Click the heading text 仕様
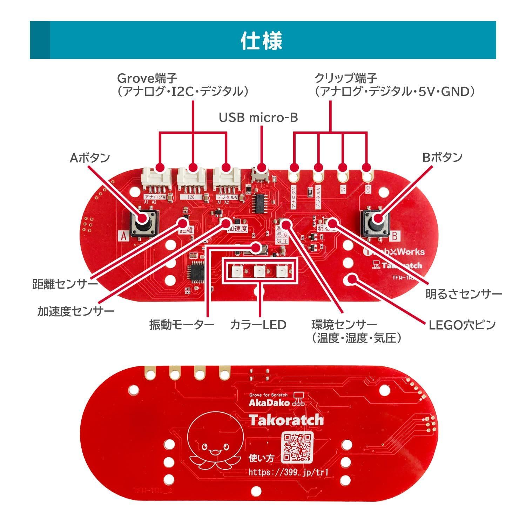pos(262,41)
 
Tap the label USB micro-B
pos(258,117)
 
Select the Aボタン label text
pos(90,158)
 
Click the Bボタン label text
pos(442,157)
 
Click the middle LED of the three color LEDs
pos(260,271)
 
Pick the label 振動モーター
pos(182,325)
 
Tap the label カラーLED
pos(258,325)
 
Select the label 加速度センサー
pos(76,311)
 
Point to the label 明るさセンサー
pos(464,294)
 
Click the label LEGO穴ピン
pos(462,325)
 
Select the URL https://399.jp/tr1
pos(289,472)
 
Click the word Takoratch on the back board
pos(286,420)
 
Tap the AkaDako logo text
pos(269,403)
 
